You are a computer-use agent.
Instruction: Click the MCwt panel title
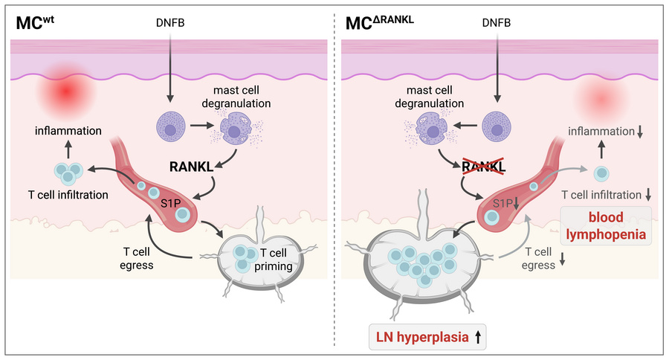35,22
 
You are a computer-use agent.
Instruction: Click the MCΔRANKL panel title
380,22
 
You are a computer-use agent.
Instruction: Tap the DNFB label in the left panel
170,22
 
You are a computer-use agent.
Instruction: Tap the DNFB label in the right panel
497,22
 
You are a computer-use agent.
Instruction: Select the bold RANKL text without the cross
192,167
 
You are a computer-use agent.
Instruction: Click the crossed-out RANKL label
484,167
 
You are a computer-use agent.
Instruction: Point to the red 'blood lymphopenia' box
606,226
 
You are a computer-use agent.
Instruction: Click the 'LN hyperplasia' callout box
427,337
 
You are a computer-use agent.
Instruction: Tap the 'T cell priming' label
274,260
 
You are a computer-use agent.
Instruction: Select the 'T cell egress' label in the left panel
137,258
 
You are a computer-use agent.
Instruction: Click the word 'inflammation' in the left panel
68,131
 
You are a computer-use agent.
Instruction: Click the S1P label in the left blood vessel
171,204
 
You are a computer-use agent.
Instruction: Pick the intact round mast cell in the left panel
171,127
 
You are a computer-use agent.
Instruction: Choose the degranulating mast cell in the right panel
431,127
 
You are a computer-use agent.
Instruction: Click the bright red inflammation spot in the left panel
65,91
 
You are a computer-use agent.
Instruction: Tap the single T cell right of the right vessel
601,173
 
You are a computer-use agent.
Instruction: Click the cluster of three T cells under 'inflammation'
68,172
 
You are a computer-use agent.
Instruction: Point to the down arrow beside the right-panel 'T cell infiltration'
648,195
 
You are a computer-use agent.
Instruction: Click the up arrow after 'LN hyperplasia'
478,338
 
